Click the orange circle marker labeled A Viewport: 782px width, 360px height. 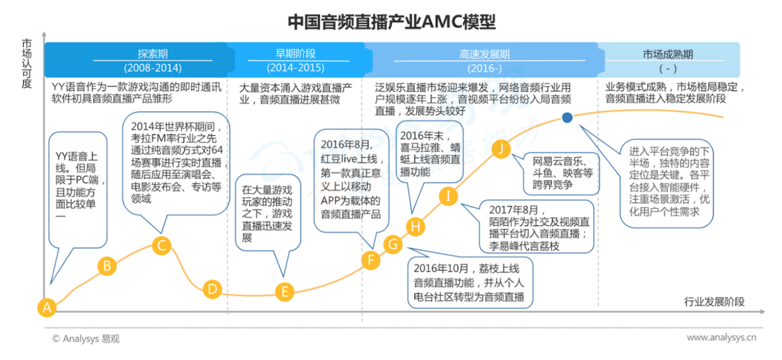pyautogui.click(x=48, y=307)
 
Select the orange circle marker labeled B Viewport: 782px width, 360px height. pyautogui.click(x=107, y=266)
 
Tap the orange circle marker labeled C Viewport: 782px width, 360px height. pyautogui.click(x=162, y=246)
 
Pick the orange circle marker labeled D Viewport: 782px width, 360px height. pyautogui.click(x=213, y=289)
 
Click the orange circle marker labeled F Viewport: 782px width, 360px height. pyautogui.click(x=371, y=260)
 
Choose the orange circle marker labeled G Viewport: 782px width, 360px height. pyautogui.click(x=393, y=245)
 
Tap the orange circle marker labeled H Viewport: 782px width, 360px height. pyautogui.click(x=416, y=226)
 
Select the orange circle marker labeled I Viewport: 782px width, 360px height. pyautogui.click(x=448, y=196)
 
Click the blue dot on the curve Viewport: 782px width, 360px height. pyautogui.click(x=567, y=117)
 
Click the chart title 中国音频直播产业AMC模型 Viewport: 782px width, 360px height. pyautogui.click(x=392, y=22)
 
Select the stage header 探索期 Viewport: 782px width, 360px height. pyautogui.click(x=153, y=54)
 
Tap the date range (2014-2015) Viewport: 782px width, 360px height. pyautogui.click(x=295, y=68)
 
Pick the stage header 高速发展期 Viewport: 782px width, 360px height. pyautogui.click(x=485, y=54)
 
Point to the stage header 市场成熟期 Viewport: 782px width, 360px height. pyautogui.click(x=668, y=54)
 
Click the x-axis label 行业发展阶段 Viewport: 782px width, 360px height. pyautogui.click(x=714, y=302)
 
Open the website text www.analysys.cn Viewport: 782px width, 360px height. pyautogui.click(x=721, y=338)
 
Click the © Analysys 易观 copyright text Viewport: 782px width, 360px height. pyautogui.click(x=85, y=339)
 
